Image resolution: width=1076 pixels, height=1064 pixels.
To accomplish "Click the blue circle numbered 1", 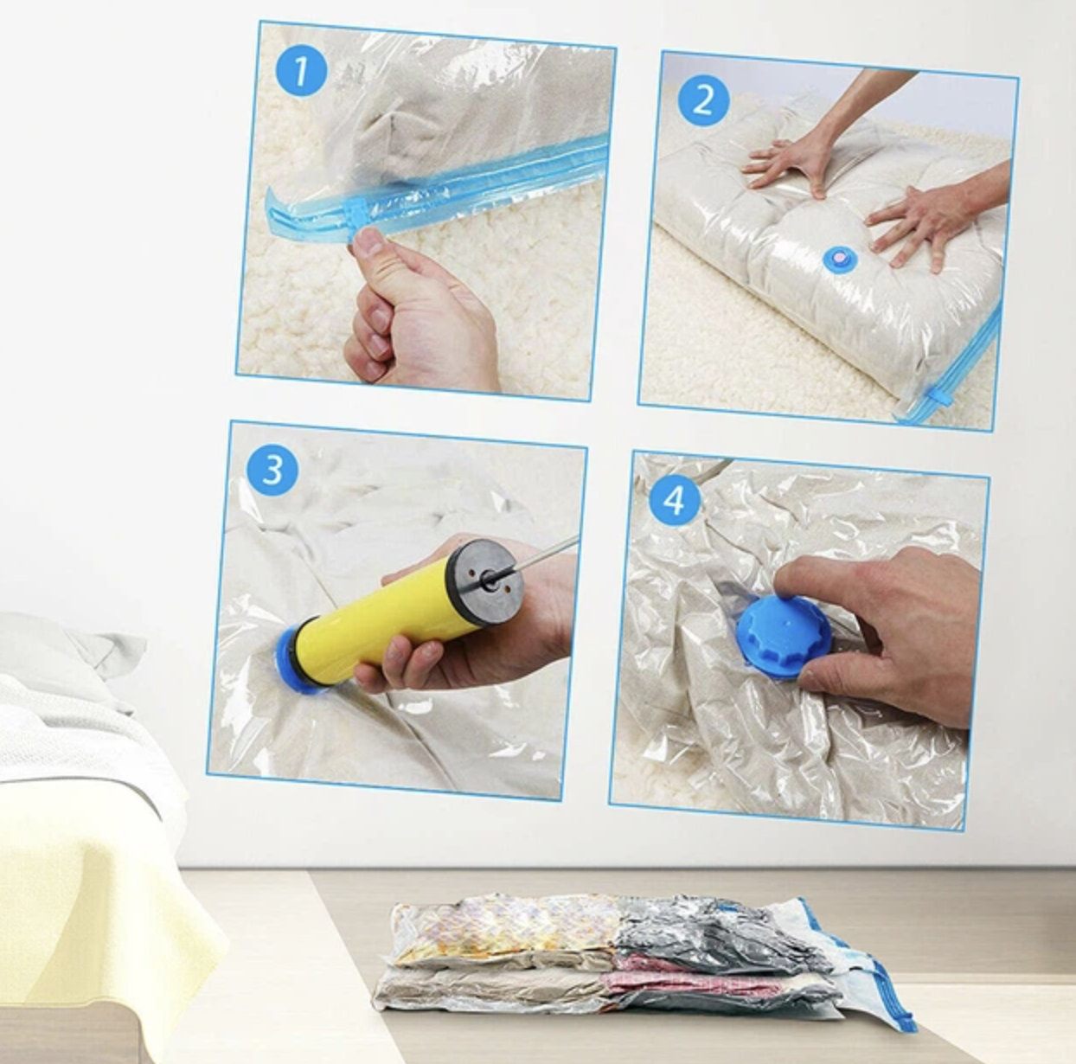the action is [x=301, y=71].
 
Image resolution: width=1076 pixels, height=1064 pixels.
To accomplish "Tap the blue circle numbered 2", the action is [x=703, y=101].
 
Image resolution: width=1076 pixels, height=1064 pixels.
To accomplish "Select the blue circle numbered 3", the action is [x=272, y=470].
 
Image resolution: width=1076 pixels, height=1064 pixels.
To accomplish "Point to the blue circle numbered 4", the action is [x=674, y=501].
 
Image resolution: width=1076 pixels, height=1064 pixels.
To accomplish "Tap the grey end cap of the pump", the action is [x=487, y=580].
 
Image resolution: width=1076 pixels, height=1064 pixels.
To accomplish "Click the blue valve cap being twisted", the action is [x=784, y=636].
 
